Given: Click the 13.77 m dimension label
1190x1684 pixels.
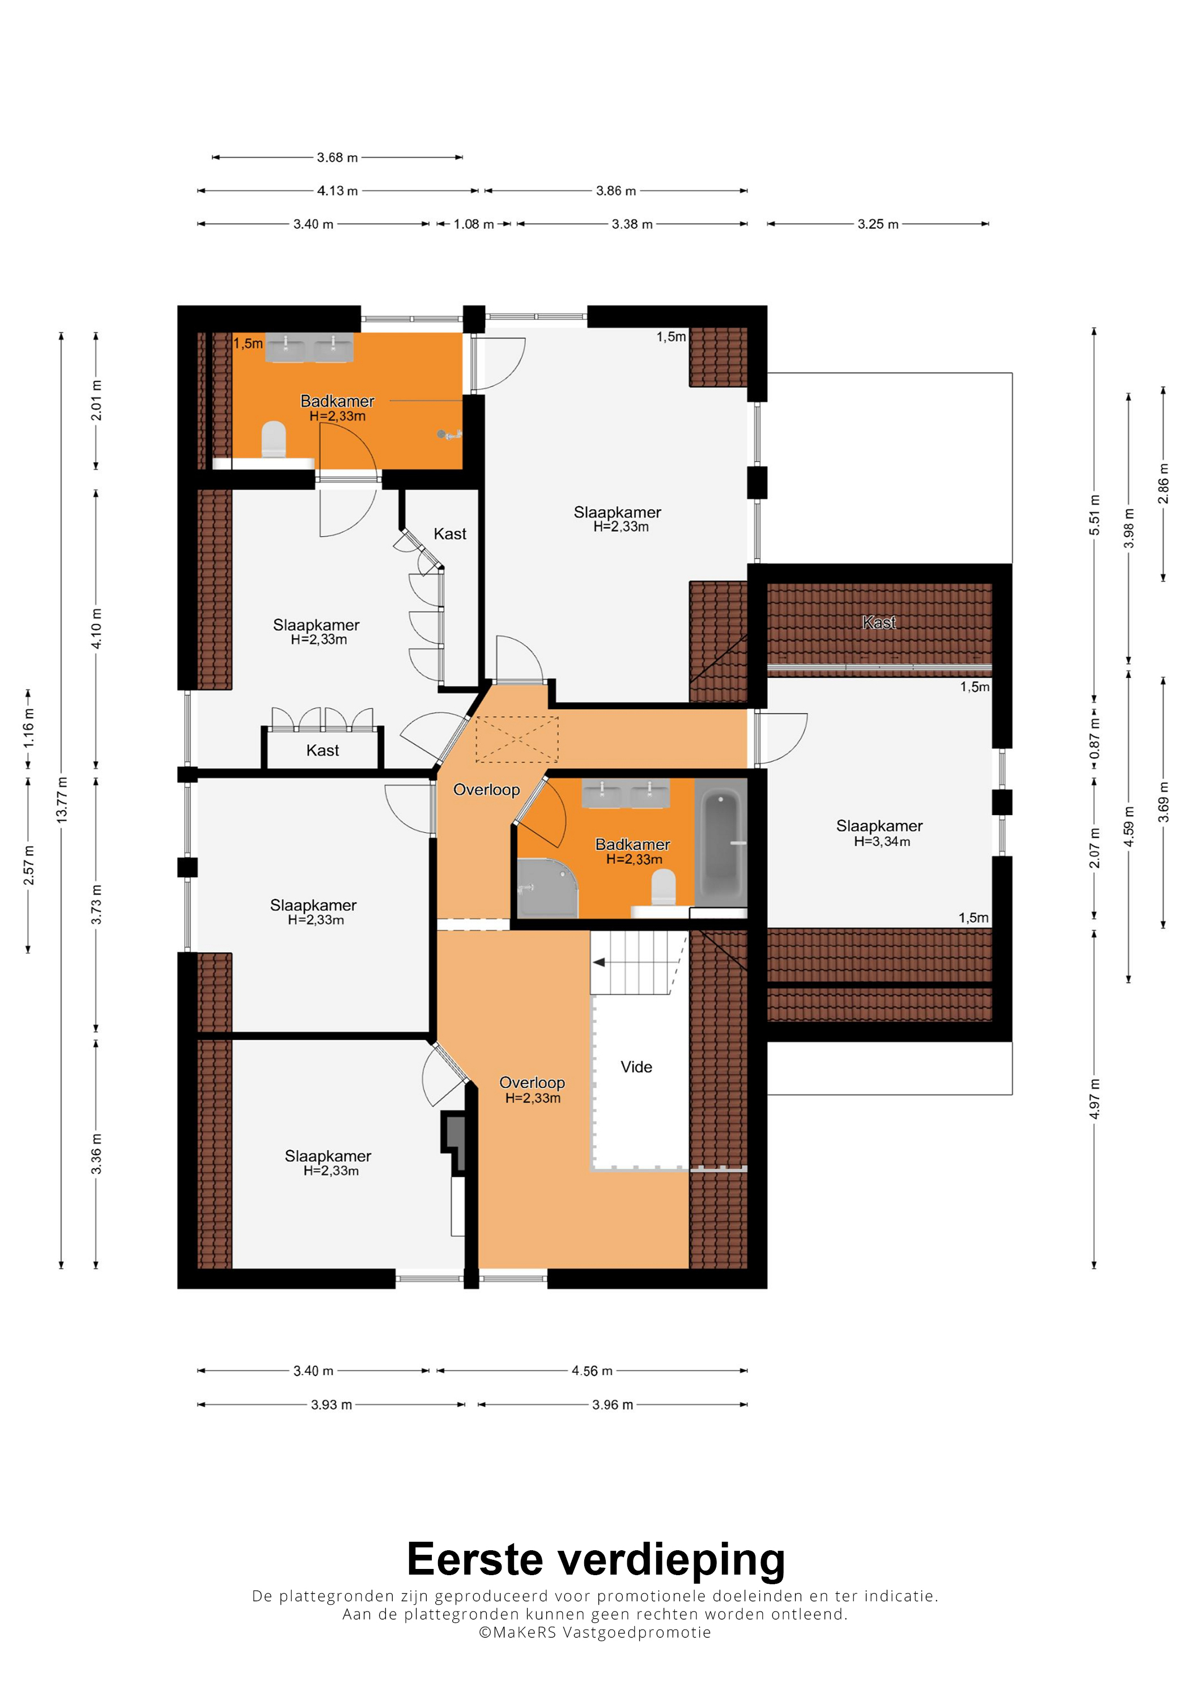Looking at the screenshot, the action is tap(62, 799).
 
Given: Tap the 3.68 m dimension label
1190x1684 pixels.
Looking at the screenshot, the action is tap(337, 158).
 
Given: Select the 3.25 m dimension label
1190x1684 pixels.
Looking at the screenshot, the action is tap(878, 224).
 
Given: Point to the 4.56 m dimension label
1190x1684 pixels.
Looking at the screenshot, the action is tap(592, 1371).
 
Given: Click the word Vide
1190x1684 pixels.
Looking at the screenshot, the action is tap(636, 1067).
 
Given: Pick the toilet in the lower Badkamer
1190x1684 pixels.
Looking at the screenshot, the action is tap(664, 888).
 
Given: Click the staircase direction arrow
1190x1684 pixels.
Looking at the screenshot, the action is tap(599, 962).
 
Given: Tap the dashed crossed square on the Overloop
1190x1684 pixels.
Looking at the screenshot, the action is tap(517, 739).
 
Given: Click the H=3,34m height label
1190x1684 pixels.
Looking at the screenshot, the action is tap(882, 842).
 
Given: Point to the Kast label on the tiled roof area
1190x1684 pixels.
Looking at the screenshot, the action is tap(879, 623).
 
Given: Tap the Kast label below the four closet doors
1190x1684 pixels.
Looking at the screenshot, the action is tap(322, 750).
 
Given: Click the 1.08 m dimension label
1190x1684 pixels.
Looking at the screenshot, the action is tap(474, 224).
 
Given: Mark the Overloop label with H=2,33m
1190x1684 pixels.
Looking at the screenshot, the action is tap(532, 1090).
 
